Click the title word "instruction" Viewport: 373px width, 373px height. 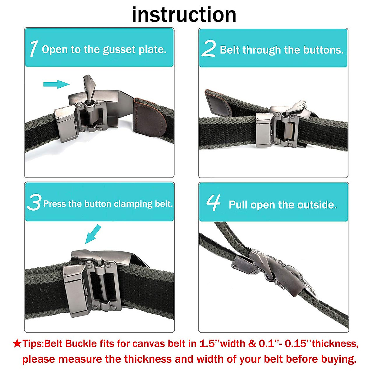pos(184,15)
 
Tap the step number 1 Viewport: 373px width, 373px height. pos(34,48)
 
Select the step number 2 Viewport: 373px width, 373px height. pos(209,48)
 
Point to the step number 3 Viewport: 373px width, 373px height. pos(34,202)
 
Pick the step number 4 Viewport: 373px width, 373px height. pos(214,202)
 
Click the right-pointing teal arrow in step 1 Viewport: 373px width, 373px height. pos(56,84)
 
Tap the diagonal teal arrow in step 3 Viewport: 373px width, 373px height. pos(93,234)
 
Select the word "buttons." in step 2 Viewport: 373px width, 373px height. pos(324,50)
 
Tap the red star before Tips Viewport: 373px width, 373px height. pos(17,343)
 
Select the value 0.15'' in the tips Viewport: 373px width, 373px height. pos(298,343)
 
